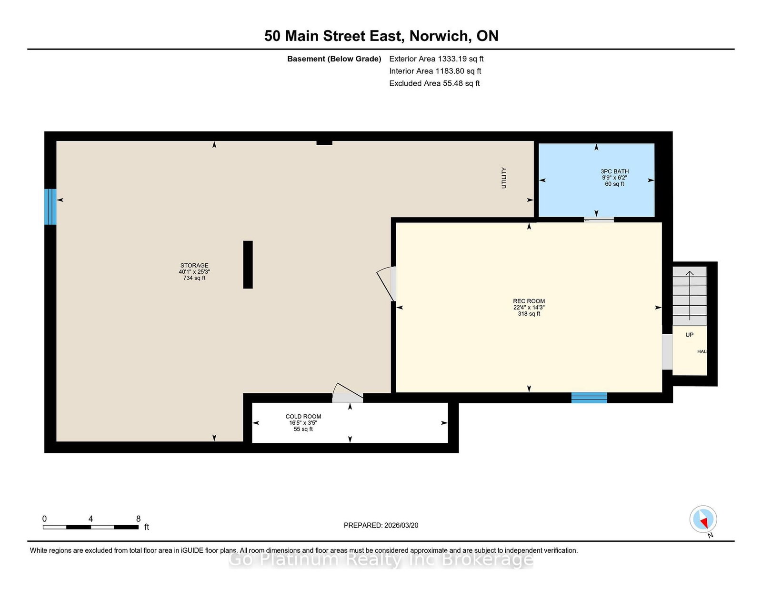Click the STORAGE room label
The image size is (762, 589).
(194, 265)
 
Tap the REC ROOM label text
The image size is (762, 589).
(529, 301)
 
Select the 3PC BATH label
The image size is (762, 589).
(614, 171)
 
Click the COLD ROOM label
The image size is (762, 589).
(303, 416)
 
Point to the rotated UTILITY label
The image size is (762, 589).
(504, 178)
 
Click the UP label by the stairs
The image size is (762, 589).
(690, 335)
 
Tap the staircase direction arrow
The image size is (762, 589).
(690, 296)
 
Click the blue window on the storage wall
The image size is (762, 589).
(50, 207)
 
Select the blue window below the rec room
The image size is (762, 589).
(589, 398)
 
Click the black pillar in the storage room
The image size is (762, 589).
(248, 265)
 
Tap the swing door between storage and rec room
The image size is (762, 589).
(386, 284)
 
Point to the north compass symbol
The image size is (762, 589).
(703, 519)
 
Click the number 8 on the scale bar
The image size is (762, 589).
(138, 519)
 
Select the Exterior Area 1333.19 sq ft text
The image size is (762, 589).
(436, 59)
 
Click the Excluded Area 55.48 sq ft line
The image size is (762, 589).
(434, 83)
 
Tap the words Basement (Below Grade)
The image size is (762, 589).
(334, 59)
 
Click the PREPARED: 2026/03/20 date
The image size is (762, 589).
(381, 525)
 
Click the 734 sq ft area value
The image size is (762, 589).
(194, 278)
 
